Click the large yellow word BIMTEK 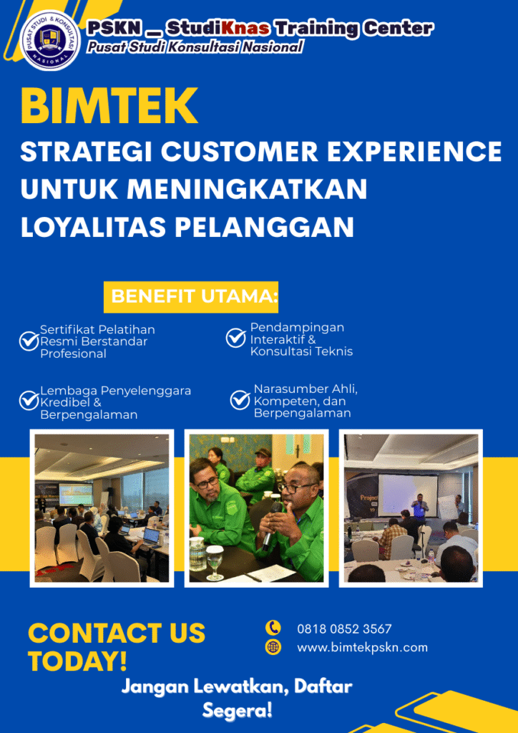(109, 106)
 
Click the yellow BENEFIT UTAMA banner (191, 297)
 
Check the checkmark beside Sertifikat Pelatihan (29, 341)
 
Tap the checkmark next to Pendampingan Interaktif (236, 338)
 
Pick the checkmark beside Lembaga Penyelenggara (29, 401)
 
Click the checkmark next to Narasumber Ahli (240, 400)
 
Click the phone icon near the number (273, 628)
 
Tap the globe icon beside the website (273, 647)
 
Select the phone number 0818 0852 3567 (344, 628)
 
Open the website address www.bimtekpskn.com (363, 647)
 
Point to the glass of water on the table (215, 563)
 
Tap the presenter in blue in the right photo (420, 510)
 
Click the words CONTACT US (117, 633)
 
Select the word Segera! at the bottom (238, 711)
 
